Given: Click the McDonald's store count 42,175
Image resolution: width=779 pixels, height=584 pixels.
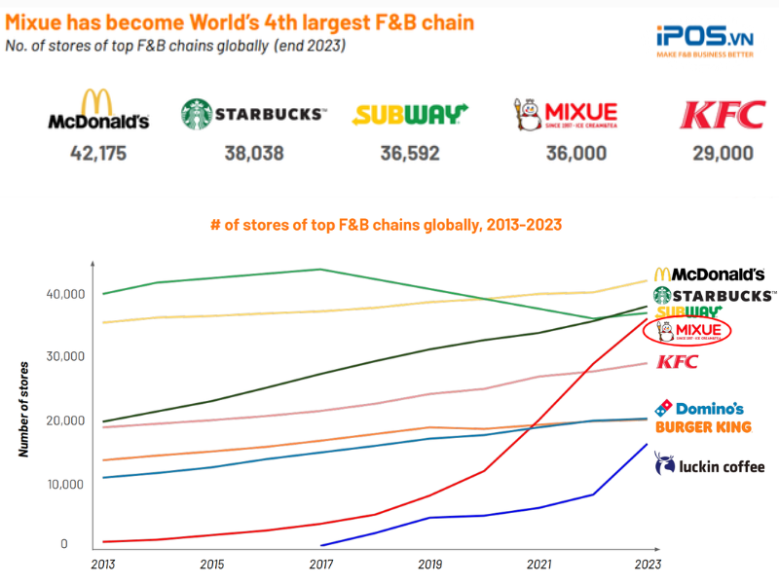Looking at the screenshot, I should (98, 153).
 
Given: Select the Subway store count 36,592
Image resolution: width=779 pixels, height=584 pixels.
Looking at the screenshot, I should (410, 153).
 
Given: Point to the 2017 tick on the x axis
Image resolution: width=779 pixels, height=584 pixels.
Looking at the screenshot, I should (321, 564).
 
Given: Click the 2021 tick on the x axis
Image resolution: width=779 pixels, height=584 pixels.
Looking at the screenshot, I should (538, 564).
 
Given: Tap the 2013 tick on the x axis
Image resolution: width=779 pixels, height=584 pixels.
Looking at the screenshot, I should (103, 564).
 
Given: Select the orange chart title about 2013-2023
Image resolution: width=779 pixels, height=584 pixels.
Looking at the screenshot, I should (387, 225).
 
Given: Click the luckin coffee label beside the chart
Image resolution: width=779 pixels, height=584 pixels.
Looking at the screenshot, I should (710, 465).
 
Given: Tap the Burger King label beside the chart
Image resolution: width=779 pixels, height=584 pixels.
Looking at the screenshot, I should (703, 427).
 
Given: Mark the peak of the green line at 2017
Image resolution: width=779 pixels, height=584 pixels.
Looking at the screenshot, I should (321, 270).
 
